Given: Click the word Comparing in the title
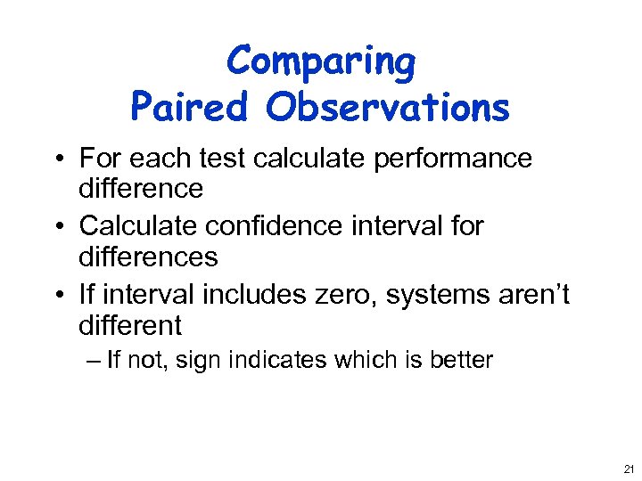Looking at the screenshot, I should (x=321, y=62).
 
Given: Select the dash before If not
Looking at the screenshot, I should (x=95, y=360).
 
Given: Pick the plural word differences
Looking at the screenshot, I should (x=148, y=257).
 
